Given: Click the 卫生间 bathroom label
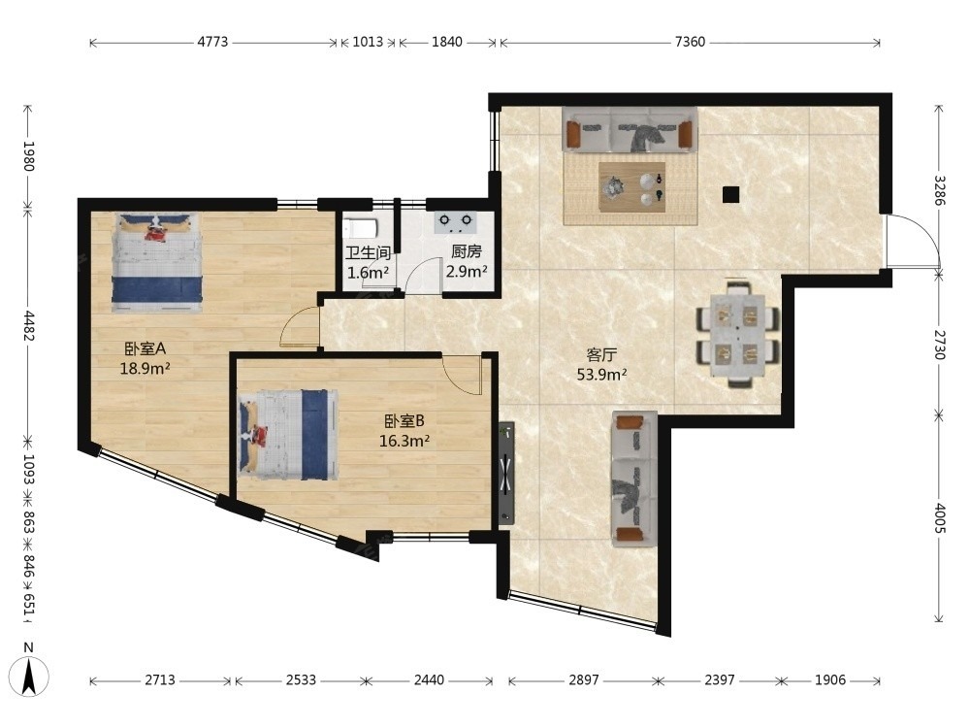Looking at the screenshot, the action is tap(368, 252).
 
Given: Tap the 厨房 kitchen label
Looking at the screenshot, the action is tap(467, 251).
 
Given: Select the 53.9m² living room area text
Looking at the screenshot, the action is tap(602, 375).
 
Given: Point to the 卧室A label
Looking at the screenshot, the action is tap(145, 349).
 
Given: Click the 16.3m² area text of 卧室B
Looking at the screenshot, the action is tap(404, 441).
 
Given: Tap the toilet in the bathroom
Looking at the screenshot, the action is tap(360, 228).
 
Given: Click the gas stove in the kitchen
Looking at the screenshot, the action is tap(455, 222).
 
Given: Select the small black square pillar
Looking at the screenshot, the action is tap(730, 195).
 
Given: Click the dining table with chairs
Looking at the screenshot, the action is tap(737, 335).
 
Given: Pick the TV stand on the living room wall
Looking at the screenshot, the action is tap(506, 474).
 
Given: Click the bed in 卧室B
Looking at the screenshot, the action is tap(288, 435).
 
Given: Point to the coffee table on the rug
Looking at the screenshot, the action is tap(631, 187).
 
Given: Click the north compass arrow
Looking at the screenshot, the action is tap(28, 676).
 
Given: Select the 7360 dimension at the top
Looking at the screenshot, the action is tap(690, 42).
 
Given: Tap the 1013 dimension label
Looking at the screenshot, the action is tap(368, 42).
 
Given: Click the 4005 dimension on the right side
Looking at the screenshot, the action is tap(940, 518).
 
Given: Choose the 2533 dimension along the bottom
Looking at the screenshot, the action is tap(301, 680).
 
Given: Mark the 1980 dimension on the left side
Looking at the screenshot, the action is tap(28, 156).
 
